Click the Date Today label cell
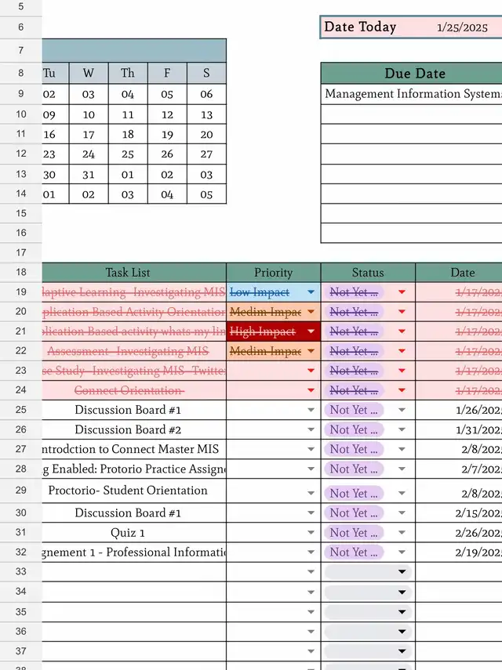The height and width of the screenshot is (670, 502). pyautogui.click(x=360, y=27)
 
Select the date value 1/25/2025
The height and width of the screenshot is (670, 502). pyautogui.click(x=462, y=27)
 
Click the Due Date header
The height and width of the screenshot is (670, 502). pyautogui.click(x=414, y=74)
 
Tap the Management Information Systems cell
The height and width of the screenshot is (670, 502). pyautogui.click(x=412, y=94)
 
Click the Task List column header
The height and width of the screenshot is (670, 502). pyautogui.click(x=128, y=273)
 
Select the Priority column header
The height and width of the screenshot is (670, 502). pyautogui.click(x=273, y=273)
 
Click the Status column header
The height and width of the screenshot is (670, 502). pyautogui.click(x=367, y=273)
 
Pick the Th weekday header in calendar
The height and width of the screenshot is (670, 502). pyautogui.click(x=128, y=74)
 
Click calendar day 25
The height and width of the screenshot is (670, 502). pyautogui.click(x=128, y=154)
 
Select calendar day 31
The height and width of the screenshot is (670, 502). pyautogui.click(x=89, y=175)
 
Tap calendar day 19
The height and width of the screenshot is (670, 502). pyautogui.click(x=167, y=135)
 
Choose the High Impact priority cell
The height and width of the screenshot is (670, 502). pyautogui.click(x=262, y=331)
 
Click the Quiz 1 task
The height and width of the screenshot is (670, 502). pyautogui.click(x=128, y=533)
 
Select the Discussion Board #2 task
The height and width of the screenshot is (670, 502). pyautogui.click(x=128, y=429)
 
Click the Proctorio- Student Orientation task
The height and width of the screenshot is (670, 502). pyautogui.click(x=128, y=491)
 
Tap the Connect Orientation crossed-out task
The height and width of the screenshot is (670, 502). pyautogui.click(x=129, y=390)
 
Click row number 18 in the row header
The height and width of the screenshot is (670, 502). pyautogui.click(x=20, y=273)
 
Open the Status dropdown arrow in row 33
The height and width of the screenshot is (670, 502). pyautogui.click(x=402, y=572)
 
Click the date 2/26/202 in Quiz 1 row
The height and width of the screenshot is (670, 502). pyautogui.click(x=478, y=533)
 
